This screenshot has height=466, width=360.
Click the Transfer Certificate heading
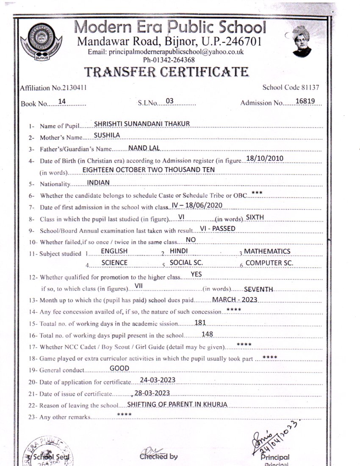coord(166,72)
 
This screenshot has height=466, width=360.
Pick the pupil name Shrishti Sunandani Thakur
coord(142,123)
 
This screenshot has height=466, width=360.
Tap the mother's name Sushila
coord(107,135)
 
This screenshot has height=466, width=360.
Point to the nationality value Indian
coord(98,182)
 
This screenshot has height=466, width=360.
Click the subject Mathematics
coord(267,251)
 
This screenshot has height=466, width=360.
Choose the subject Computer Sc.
coord(270,263)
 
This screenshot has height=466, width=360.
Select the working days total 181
coord(200,323)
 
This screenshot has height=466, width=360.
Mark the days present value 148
coord(208,334)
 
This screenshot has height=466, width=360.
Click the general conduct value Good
coord(119,368)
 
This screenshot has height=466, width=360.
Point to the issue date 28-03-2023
coord(152,391)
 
